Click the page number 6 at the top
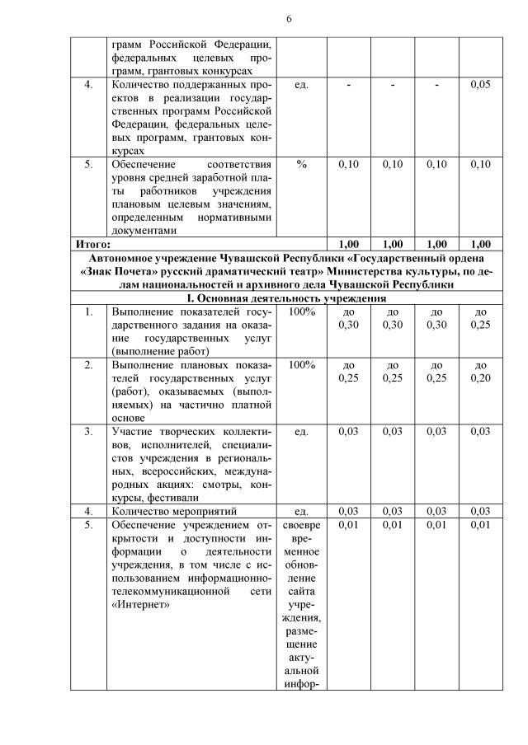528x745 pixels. tap(289, 19)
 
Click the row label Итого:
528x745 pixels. tap(93, 244)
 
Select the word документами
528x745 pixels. tap(144, 231)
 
